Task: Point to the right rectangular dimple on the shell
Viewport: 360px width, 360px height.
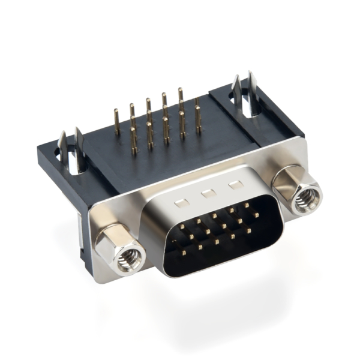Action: coord(236,185)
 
